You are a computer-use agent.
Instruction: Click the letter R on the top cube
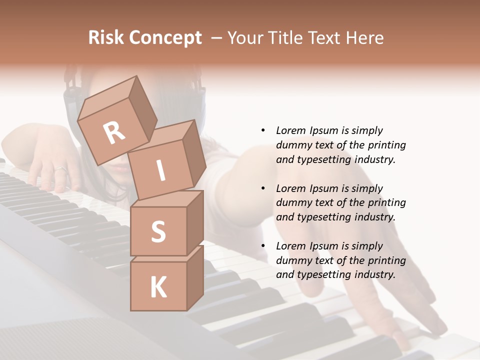click(114, 133)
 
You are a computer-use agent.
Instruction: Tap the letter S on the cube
click(158, 231)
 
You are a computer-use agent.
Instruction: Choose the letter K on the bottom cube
click(158, 287)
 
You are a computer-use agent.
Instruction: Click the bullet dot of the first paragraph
click(263, 130)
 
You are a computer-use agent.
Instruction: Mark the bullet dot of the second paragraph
click(263, 188)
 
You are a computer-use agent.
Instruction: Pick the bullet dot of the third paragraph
click(263, 246)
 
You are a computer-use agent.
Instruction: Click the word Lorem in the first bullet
click(291, 130)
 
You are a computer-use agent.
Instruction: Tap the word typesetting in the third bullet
click(323, 274)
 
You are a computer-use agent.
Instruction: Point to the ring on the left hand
click(60, 169)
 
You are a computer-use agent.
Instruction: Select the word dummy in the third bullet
click(291, 260)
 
